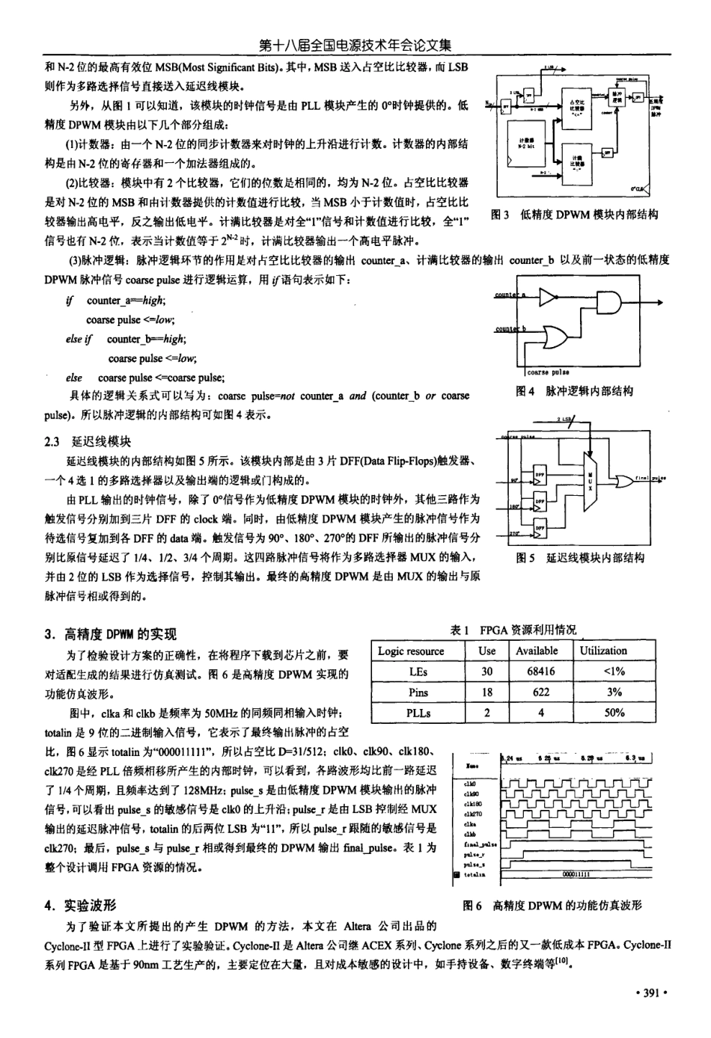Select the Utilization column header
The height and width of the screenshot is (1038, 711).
tap(602, 651)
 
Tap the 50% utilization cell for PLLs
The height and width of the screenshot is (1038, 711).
tap(614, 713)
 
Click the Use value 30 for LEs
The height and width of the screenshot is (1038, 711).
tap(486, 672)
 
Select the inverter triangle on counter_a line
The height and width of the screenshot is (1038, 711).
tap(548, 298)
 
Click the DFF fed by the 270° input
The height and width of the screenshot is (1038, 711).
tap(540, 531)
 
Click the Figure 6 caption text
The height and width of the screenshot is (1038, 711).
tap(552, 905)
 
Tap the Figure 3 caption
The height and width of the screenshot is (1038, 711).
tap(573, 215)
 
